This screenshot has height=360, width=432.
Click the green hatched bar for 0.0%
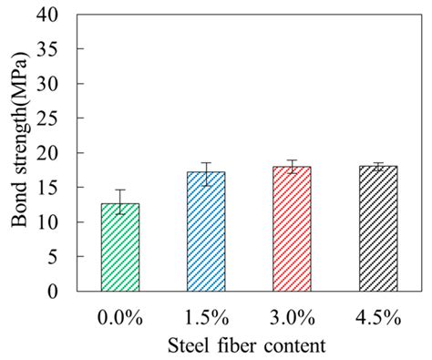(x=120, y=248)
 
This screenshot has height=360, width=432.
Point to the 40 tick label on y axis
(x=57, y=15)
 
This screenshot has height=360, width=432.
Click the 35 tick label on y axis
(x=57, y=50)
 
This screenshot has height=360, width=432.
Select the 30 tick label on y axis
(x=57, y=85)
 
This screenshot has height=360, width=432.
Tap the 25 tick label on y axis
(x=57, y=119)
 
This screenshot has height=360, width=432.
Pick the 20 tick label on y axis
(x=57, y=154)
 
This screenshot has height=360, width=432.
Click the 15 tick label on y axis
(x=57, y=189)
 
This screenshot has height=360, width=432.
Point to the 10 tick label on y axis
(x=57, y=223)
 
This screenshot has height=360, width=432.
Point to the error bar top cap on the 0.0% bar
(x=120, y=190)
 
